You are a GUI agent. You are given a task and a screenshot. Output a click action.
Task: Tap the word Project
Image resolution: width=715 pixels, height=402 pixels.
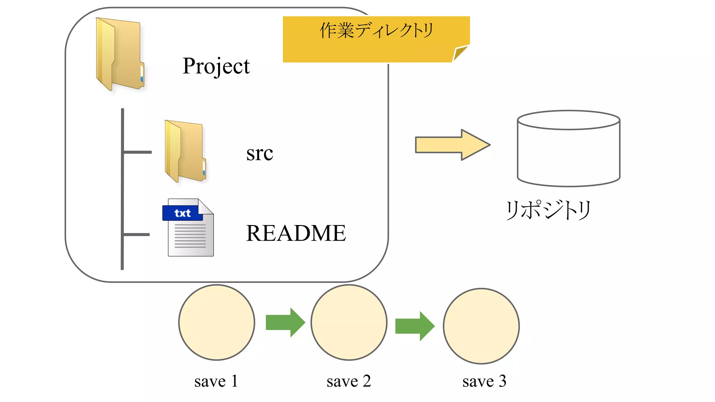(x=216, y=66)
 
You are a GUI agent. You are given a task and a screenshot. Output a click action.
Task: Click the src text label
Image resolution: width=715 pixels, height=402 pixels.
(x=259, y=153)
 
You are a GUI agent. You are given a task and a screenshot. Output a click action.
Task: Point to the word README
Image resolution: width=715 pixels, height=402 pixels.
(x=296, y=233)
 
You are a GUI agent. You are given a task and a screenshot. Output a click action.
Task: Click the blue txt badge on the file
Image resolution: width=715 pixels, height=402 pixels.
(x=182, y=213)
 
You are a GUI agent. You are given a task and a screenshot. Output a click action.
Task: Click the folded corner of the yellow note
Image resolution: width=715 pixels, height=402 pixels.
(x=460, y=53)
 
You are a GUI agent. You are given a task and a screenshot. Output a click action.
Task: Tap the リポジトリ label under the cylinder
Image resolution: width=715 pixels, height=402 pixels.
(x=548, y=210)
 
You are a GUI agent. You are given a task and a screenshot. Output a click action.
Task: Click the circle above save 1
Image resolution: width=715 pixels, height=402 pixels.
(x=216, y=322)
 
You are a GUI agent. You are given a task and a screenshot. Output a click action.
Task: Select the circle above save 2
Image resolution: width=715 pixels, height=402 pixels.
(x=349, y=322)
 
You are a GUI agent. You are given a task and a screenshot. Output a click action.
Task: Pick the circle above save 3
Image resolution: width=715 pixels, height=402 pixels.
(x=481, y=326)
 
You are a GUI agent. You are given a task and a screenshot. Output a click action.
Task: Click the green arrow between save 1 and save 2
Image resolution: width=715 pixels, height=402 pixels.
(x=285, y=322)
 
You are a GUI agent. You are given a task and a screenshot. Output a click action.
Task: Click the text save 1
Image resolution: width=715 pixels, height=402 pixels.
(x=216, y=381)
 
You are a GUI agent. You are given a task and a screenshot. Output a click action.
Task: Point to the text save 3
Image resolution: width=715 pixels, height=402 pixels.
(x=484, y=381)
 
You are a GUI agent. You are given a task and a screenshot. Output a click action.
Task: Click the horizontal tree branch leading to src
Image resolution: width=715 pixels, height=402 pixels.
(x=138, y=152)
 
